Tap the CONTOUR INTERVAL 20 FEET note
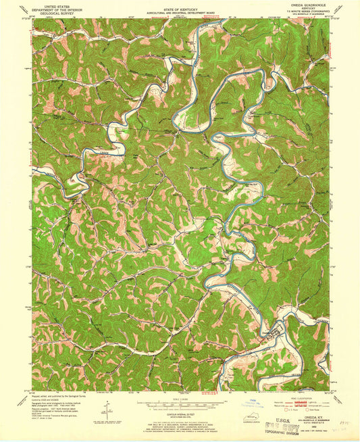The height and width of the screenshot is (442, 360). pos(180,413)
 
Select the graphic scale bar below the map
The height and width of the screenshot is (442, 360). pos(180,403)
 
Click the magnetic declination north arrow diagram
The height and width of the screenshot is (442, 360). pos(107,408)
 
